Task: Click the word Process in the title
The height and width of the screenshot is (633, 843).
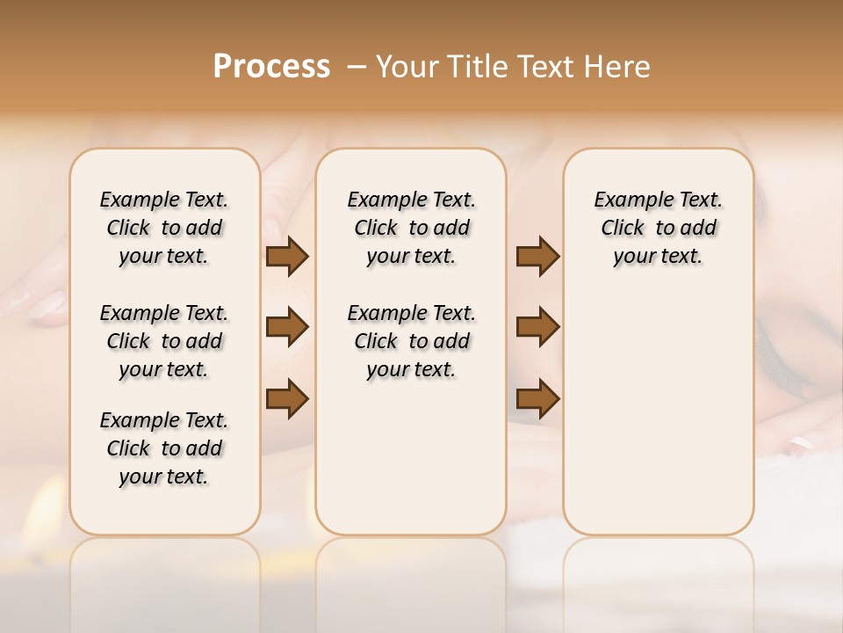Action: (271, 67)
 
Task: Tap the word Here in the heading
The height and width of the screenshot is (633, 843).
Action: (618, 67)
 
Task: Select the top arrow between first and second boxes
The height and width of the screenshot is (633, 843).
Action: (287, 256)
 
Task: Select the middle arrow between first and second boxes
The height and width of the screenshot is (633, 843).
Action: (287, 328)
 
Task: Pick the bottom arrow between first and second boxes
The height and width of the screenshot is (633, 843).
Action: (287, 398)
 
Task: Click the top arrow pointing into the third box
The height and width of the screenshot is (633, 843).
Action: (537, 256)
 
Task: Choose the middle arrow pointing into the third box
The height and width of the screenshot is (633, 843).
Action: (537, 328)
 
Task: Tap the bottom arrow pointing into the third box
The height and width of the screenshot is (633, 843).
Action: (537, 398)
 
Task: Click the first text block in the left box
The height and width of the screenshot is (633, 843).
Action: (164, 228)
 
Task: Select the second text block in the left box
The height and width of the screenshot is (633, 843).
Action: (164, 341)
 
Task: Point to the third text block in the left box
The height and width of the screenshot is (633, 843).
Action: (164, 448)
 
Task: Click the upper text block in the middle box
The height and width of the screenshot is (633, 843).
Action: (411, 228)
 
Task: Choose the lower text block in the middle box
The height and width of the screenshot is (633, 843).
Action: (411, 341)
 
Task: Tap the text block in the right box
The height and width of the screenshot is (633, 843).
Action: (658, 228)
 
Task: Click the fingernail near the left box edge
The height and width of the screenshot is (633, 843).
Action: (44, 308)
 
